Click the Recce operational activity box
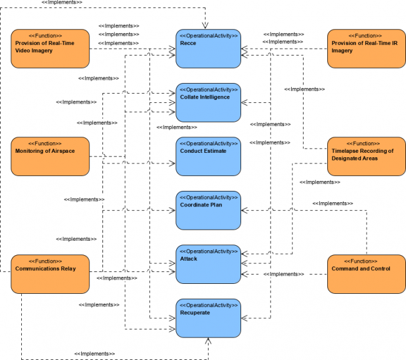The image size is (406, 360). (x=208, y=49)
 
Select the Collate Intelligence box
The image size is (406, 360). (x=208, y=102)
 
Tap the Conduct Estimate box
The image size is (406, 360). (x=208, y=156)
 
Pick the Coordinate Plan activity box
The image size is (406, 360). (x=208, y=210)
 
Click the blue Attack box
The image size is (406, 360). (x=208, y=264)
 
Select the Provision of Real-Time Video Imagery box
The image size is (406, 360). (x=50, y=49)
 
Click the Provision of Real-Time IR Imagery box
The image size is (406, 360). (x=366, y=49)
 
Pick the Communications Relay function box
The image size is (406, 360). (x=50, y=274)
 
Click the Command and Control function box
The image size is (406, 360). (x=366, y=274)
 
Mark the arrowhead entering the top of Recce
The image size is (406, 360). (x=208, y=26)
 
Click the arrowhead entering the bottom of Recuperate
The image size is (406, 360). (x=208, y=341)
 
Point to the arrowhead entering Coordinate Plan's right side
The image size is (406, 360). (x=244, y=210)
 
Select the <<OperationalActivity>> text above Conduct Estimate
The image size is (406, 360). (x=208, y=143)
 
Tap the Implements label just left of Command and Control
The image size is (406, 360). (x=284, y=274)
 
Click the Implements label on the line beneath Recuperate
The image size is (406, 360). (x=95, y=354)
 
